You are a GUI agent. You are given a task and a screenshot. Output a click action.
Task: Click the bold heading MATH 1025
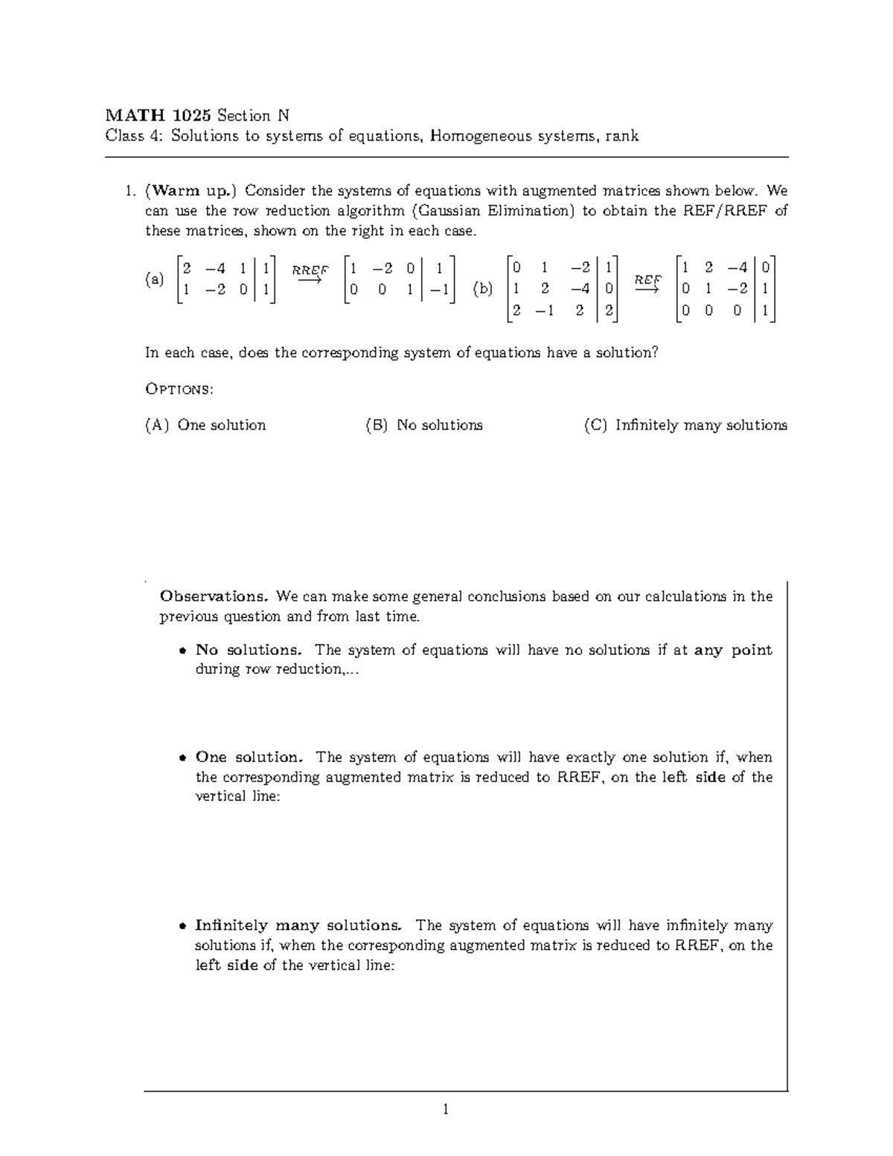click(x=158, y=115)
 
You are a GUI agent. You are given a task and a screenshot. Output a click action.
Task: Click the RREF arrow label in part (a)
click(x=310, y=271)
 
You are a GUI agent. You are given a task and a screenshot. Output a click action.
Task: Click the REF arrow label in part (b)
click(x=647, y=281)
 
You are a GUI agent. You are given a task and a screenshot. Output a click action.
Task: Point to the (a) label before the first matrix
click(x=155, y=280)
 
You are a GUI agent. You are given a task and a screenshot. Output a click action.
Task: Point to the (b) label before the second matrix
click(x=483, y=289)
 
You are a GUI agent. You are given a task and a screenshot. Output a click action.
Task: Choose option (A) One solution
click(x=205, y=425)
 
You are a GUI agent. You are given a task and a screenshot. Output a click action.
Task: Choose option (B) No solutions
click(x=424, y=425)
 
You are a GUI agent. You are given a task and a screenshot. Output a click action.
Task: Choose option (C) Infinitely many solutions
click(x=685, y=425)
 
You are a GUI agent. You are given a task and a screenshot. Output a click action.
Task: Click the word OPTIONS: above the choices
click(x=179, y=389)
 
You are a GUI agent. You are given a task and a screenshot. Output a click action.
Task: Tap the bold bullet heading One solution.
click(x=249, y=757)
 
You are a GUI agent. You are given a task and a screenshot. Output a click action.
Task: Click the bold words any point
click(x=733, y=650)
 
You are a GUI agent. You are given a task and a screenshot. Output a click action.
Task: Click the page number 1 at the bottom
click(x=445, y=1110)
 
